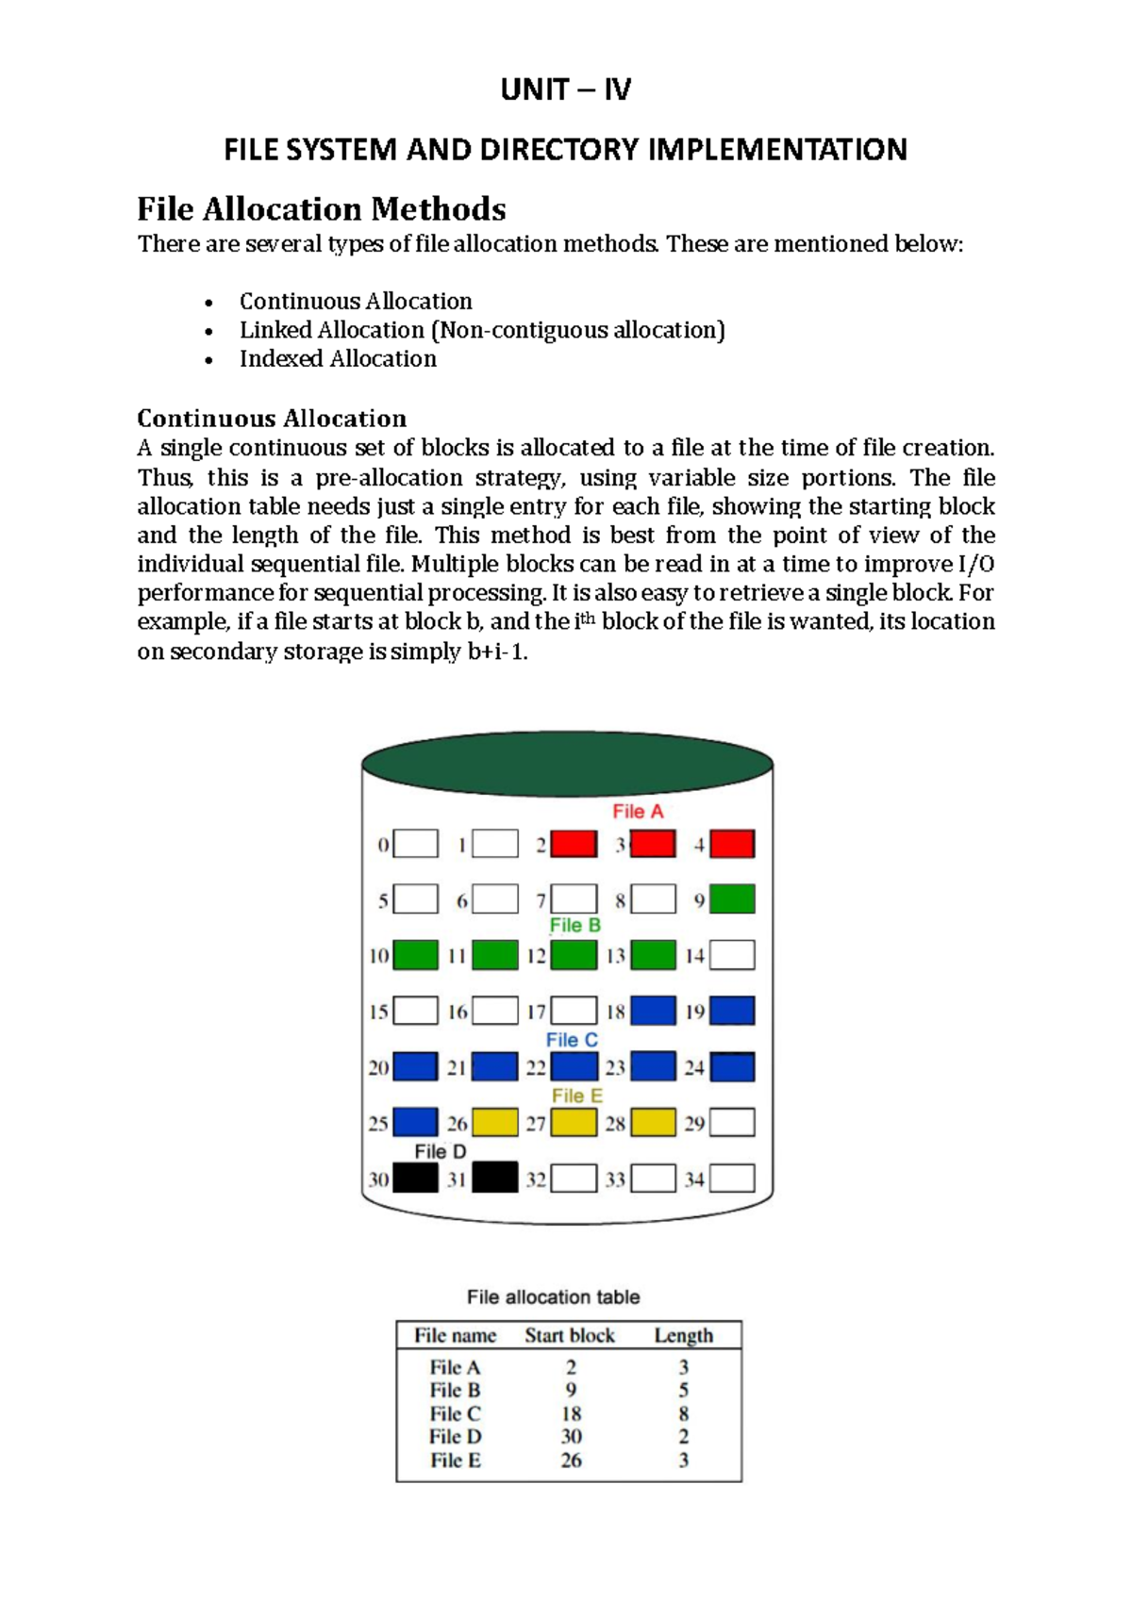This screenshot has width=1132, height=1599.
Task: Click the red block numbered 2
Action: (574, 844)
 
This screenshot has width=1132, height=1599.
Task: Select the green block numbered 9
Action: (732, 899)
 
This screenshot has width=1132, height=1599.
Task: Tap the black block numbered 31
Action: (494, 1179)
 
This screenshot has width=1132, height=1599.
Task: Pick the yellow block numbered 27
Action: (574, 1123)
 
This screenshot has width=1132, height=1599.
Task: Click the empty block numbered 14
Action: (732, 955)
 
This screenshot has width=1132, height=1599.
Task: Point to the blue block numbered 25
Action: (415, 1123)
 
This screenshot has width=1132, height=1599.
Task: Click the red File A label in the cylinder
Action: (638, 811)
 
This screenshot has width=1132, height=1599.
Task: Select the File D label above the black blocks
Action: (441, 1151)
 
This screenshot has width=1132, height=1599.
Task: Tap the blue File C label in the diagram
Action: (572, 1040)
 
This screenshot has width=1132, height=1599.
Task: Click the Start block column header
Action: (570, 1336)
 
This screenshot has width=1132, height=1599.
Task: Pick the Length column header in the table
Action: (684, 1336)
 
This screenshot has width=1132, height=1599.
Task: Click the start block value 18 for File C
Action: (571, 1414)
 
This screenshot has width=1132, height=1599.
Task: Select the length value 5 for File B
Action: (684, 1391)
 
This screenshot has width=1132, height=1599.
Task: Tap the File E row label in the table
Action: (456, 1460)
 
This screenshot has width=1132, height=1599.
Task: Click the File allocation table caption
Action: (554, 1297)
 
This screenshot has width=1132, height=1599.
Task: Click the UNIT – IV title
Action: (566, 90)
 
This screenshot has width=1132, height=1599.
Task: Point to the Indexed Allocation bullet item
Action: (338, 359)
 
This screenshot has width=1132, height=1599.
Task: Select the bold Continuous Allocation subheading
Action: (272, 419)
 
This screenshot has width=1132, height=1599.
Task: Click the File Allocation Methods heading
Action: (322, 208)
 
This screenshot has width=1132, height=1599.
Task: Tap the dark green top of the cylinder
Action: (567, 763)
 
